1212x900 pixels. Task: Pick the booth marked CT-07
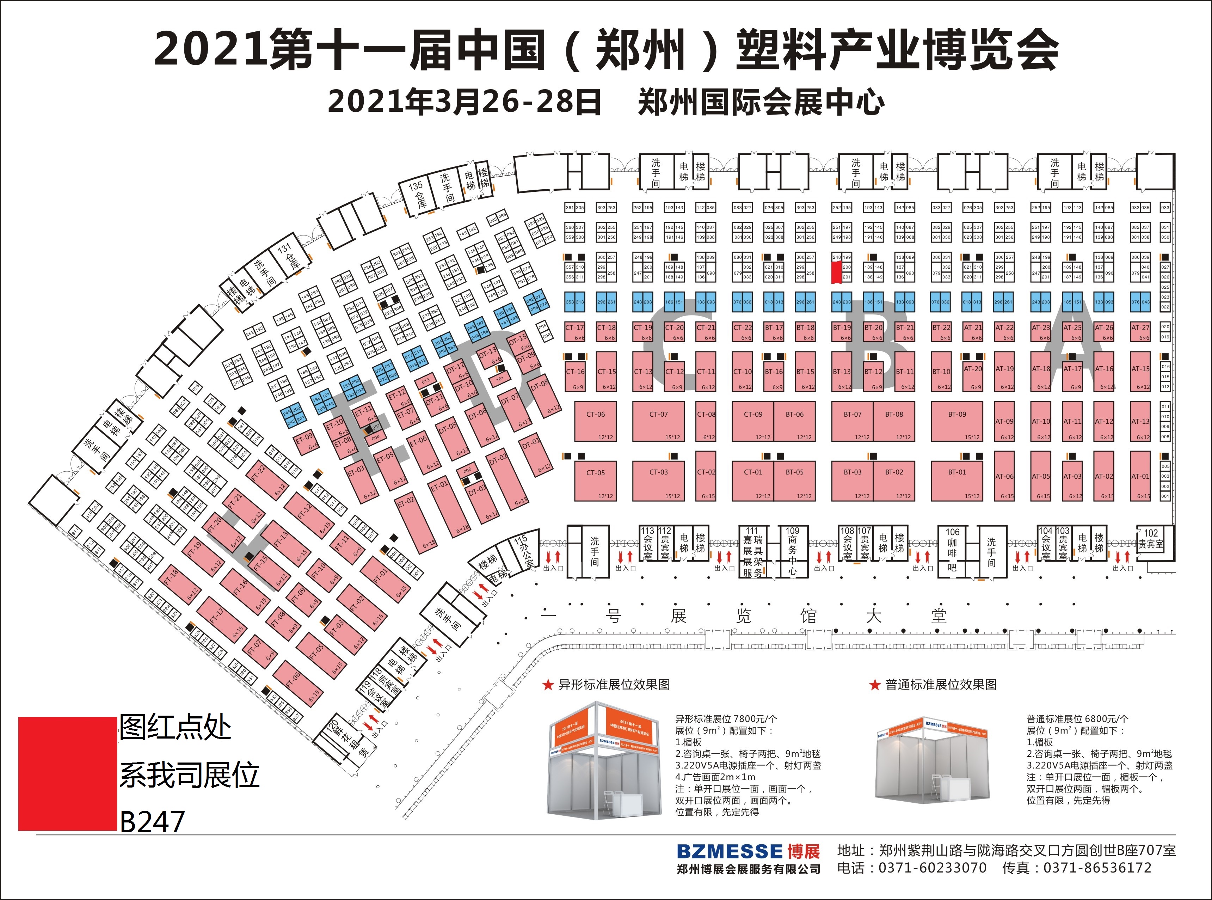point(658,421)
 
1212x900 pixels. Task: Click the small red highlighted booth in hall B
point(836,273)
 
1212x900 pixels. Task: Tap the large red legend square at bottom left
point(68,773)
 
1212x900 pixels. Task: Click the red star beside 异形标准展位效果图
point(548,685)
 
